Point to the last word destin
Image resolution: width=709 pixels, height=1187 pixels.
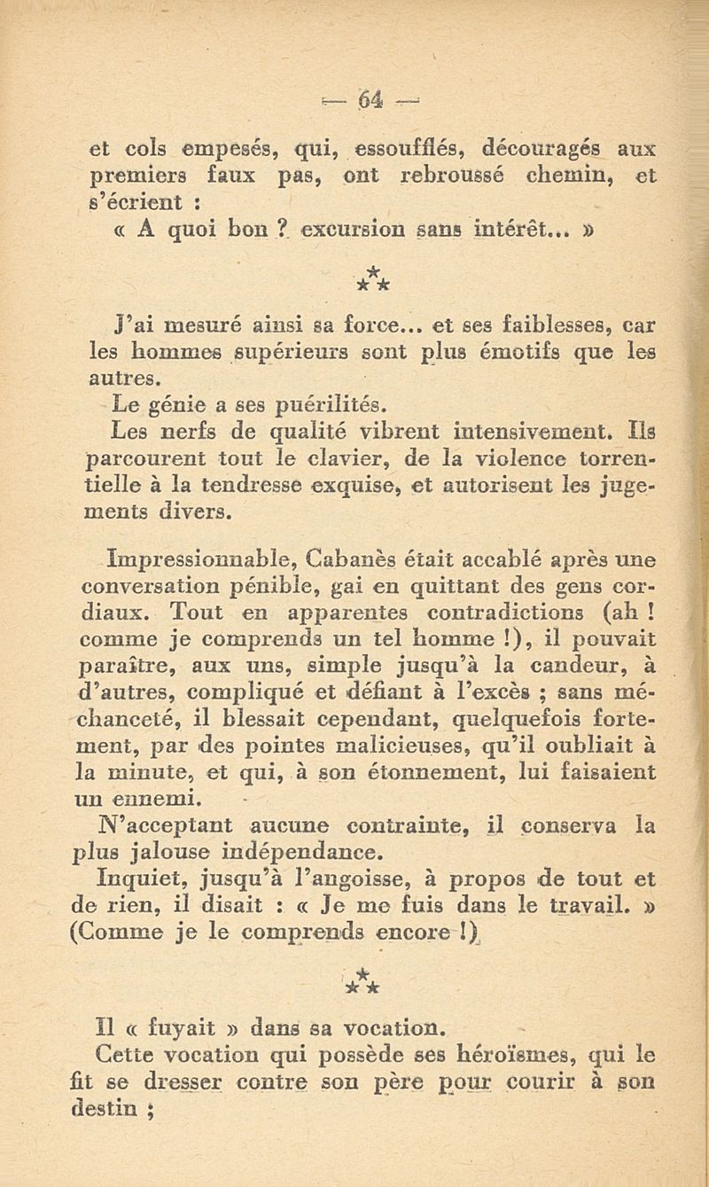(x=113, y=1107)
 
